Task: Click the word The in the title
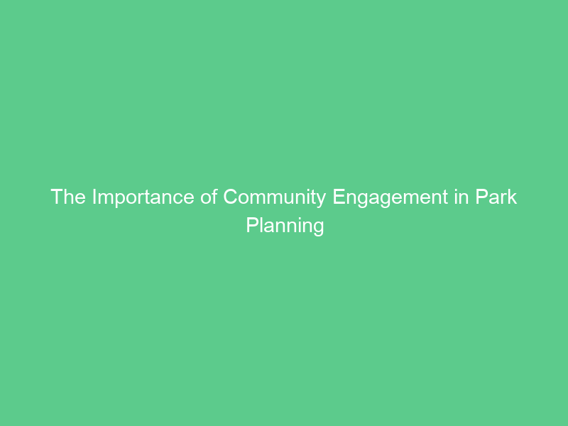tap(68, 197)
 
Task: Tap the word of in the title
tap(209, 197)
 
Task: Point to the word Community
tap(276, 197)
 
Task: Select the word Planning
tap(285, 226)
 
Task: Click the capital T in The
tap(57, 197)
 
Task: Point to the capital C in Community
tap(231, 197)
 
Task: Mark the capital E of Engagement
tap(339, 197)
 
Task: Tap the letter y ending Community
tap(324, 199)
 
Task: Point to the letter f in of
tap(215, 197)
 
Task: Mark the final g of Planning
tap(319, 227)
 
